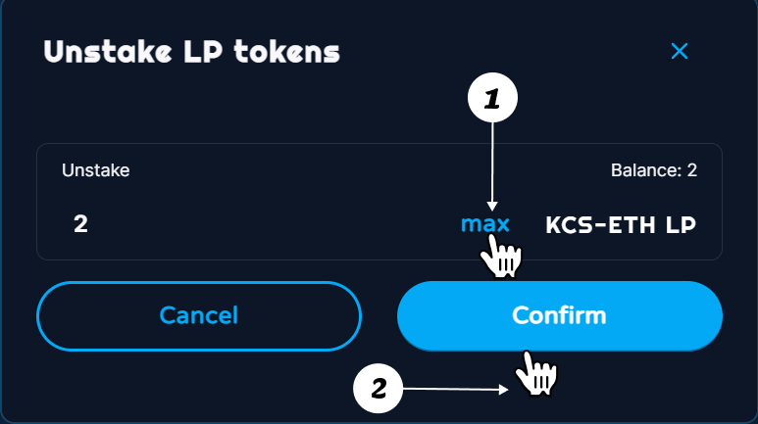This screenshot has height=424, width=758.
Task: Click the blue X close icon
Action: [680, 51]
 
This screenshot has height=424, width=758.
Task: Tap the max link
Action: [485, 224]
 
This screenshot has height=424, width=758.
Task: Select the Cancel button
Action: [199, 316]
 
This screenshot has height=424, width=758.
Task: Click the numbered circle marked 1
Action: [492, 100]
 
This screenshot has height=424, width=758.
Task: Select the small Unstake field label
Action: [96, 170]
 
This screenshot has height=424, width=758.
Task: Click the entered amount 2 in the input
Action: [80, 224]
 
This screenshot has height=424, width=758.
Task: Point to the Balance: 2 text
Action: [653, 170]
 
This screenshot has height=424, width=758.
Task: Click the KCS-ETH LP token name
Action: [621, 224]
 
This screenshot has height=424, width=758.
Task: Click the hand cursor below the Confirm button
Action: [535, 373]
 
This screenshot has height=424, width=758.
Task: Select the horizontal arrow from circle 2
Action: [456, 391]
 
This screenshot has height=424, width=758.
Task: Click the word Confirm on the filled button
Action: [559, 316]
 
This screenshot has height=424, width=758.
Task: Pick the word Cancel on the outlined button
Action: [199, 316]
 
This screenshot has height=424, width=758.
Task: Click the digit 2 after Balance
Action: [692, 170]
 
